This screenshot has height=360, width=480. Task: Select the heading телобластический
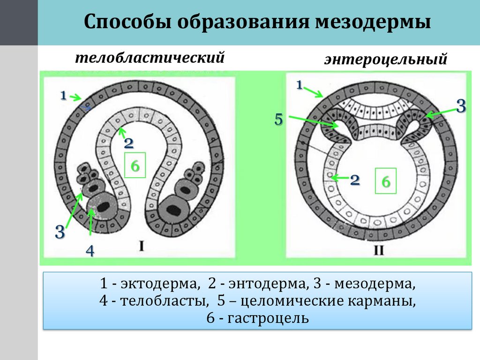pyautogui.click(x=150, y=58)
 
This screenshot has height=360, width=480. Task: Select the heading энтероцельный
pyautogui.click(x=384, y=60)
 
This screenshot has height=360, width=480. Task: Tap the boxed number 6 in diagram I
pyautogui.click(x=135, y=165)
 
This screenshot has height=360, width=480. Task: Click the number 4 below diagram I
pyautogui.click(x=90, y=251)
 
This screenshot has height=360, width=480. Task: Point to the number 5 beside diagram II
pyautogui.click(x=279, y=119)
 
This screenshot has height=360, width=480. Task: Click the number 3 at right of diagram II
pyautogui.click(x=461, y=106)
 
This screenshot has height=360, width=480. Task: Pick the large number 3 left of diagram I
pyautogui.click(x=60, y=232)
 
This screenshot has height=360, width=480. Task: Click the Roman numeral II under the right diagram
pyautogui.click(x=379, y=251)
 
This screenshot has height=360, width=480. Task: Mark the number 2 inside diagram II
pyautogui.click(x=355, y=180)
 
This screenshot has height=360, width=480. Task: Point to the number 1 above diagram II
pyautogui.click(x=299, y=85)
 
